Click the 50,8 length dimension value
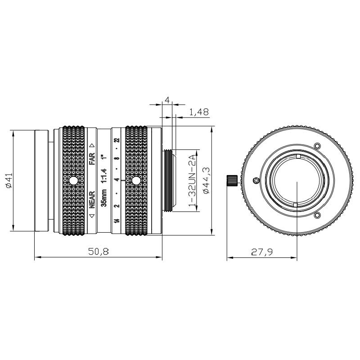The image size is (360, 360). (99, 252)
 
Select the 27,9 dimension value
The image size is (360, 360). (262, 252)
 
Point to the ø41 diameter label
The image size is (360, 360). (9, 180)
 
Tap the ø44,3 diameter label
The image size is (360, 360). (206, 180)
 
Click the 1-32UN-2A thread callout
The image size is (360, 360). (192, 180)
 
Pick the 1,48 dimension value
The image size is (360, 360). (199, 112)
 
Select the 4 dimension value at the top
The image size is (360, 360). (167, 100)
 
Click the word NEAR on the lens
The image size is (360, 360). (92, 200)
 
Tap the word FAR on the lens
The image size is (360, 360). (92, 159)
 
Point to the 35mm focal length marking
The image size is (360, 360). (104, 198)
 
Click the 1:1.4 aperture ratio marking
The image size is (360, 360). (104, 175)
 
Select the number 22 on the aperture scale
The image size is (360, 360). (117, 140)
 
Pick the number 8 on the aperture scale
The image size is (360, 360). (117, 158)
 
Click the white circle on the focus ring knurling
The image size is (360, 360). (73, 181)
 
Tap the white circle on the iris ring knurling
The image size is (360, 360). (136, 180)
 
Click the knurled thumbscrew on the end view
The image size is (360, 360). (232, 180)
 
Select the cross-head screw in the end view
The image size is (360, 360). (255, 181)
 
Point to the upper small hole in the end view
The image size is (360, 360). (317, 146)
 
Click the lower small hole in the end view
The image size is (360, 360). (317, 216)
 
